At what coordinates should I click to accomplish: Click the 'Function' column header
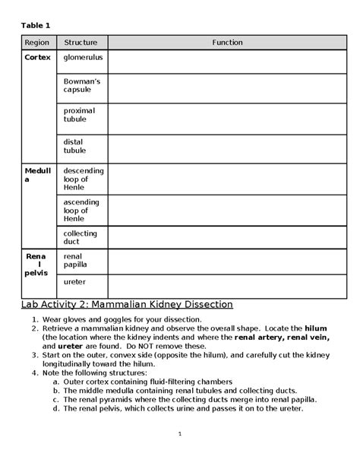[x=227, y=43]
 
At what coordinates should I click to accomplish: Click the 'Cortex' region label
[x=37, y=57]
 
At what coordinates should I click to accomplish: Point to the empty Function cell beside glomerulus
[x=227, y=61]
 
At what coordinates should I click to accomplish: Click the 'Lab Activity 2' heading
[x=125, y=304]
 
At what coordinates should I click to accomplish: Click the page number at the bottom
[x=180, y=433]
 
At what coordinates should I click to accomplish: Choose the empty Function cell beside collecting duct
[x=227, y=237]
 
